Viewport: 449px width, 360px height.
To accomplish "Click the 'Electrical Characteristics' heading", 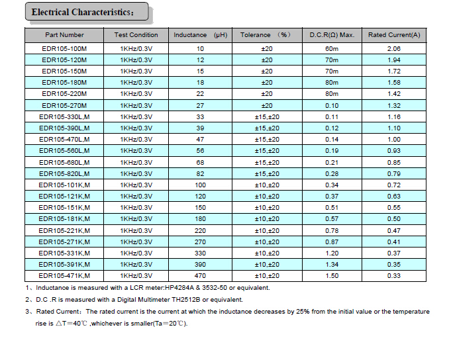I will (x=83, y=13).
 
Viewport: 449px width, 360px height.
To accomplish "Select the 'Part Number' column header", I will (x=64, y=35).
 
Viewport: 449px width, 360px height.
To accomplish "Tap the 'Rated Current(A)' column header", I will (x=394, y=35).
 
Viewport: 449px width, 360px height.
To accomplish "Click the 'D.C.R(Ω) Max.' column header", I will (x=332, y=35).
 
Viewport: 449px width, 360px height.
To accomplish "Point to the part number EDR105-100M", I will (x=64, y=49).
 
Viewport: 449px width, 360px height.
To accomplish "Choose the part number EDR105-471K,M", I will (x=64, y=276).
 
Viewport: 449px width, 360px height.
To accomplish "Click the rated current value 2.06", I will (x=394, y=49).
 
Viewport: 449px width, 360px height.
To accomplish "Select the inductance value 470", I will (x=200, y=276).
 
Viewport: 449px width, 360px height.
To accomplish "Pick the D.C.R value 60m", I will (x=332, y=49).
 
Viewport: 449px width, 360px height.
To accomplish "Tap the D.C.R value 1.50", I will (x=332, y=276).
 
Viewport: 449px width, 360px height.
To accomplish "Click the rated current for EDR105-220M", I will (x=394, y=94).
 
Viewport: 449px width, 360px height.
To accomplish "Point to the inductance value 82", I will (x=200, y=173).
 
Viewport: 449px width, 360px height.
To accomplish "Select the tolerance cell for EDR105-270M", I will (x=267, y=106).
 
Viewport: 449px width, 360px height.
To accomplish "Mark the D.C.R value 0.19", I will (x=332, y=151).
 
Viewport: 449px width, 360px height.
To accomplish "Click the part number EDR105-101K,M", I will (x=64, y=185).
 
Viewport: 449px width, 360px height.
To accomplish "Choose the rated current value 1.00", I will (x=394, y=140).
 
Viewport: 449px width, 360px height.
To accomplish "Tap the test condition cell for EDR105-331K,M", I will (x=136, y=253).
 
